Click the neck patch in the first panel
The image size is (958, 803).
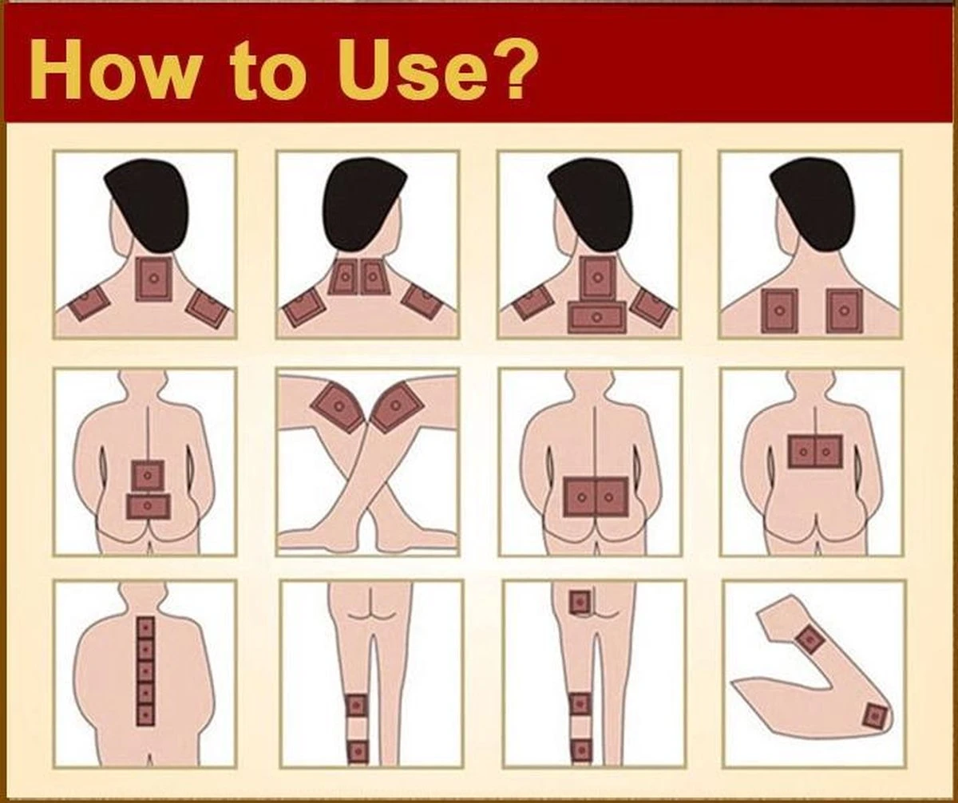pos(154,279)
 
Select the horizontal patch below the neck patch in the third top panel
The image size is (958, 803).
pos(596,318)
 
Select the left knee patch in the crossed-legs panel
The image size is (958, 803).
pos(338,407)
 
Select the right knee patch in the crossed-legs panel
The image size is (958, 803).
pos(397,406)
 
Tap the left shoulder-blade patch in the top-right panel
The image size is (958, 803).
pos(778,311)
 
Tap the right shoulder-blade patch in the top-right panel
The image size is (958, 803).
pos(844,311)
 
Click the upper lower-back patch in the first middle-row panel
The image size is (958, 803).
pos(148,476)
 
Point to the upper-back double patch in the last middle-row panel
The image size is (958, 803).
pos(815,452)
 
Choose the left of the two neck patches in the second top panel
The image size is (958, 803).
pos(343,278)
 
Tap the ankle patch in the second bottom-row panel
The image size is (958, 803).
pos(358,752)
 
